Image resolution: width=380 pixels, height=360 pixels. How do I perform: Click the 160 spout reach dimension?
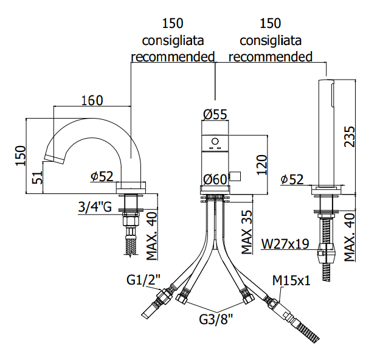pyautogui.click(x=92, y=100)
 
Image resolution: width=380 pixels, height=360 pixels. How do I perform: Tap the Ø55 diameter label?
pyautogui.click(x=215, y=114)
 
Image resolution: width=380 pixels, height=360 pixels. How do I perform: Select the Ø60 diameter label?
pyautogui.click(x=215, y=179)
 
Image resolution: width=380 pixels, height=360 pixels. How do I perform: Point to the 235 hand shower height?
pyautogui.click(x=350, y=136)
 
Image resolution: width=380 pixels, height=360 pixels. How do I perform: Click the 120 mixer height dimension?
pyautogui.click(x=261, y=165)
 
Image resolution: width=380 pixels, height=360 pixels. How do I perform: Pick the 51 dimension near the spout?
pyautogui.click(x=38, y=178)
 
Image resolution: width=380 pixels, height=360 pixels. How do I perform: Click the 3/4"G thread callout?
pyautogui.click(x=95, y=207)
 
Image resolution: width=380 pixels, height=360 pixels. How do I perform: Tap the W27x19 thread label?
pyautogui.click(x=285, y=244)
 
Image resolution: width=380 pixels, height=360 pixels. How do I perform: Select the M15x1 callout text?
pyautogui.click(x=291, y=281)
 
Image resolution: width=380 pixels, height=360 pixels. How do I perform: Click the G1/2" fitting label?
pyautogui.click(x=143, y=280)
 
